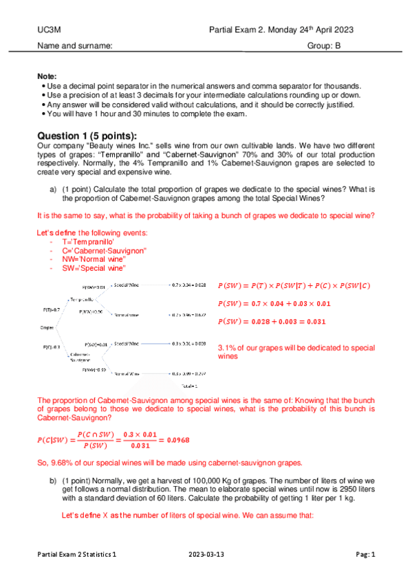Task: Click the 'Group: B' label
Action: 324,46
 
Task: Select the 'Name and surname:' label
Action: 74,46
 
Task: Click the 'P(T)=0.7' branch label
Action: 52,310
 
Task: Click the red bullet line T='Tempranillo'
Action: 89,243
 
